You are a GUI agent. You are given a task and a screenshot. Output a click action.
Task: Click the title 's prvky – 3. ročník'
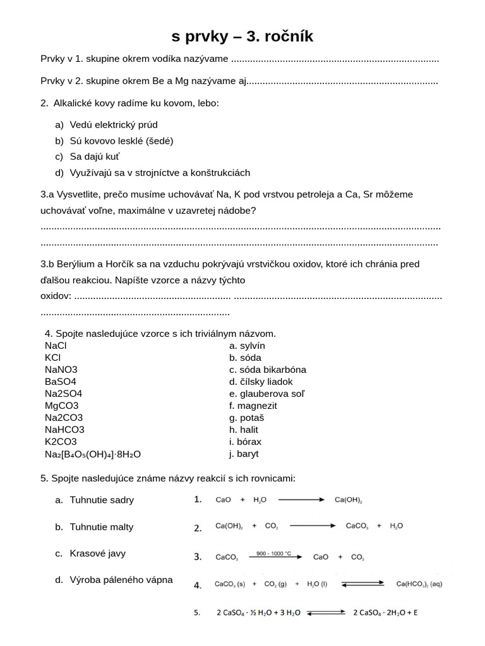(242, 37)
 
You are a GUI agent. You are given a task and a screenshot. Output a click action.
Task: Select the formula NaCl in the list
(56, 346)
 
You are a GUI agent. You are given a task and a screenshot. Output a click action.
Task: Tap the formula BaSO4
(61, 382)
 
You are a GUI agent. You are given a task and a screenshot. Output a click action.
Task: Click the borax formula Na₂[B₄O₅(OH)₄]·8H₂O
(93, 454)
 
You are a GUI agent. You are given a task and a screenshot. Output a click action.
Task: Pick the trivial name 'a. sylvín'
(247, 346)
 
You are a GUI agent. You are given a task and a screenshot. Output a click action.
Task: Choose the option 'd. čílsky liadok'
(261, 382)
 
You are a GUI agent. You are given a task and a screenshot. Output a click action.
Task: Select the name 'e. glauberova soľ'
(266, 394)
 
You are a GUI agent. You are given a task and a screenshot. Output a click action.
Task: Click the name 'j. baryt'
(244, 454)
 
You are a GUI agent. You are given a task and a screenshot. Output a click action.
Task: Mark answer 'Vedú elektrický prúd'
(114, 125)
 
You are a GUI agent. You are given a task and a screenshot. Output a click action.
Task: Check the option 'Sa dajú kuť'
(95, 156)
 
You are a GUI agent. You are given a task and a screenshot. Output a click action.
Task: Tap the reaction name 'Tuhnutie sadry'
(102, 500)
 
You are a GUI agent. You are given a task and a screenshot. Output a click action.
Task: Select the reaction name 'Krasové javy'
(98, 553)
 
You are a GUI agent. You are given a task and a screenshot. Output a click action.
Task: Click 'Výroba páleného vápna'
(121, 580)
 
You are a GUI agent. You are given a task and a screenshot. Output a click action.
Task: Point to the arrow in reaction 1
(301, 500)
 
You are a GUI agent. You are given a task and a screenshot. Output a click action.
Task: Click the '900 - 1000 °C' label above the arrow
(270, 553)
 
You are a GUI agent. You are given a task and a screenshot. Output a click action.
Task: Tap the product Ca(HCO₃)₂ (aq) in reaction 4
(419, 585)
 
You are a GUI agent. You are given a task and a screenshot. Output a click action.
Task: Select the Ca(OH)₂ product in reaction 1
(348, 500)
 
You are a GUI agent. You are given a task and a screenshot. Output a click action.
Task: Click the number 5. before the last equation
(197, 612)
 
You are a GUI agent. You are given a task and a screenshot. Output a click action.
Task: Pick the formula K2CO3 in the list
(61, 442)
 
